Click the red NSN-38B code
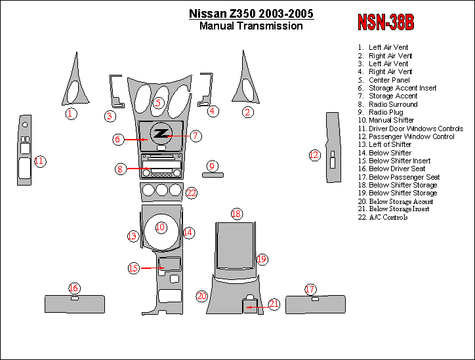click(x=385, y=22)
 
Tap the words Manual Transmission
click(x=251, y=26)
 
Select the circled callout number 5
click(x=158, y=102)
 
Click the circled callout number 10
click(x=160, y=228)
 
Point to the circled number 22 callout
click(x=191, y=193)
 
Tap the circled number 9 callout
click(x=211, y=166)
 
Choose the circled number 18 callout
click(x=237, y=214)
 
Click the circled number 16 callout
click(x=74, y=288)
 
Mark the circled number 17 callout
click(x=310, y=289)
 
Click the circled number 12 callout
click(x=314, y=155)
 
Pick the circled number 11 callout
click(x=40, y=161)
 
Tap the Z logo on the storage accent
click(x=160, y=134)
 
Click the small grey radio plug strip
click(x=211, y=175)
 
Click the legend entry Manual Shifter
click(x=391, y=121)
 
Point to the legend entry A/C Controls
click(x=388, y=217)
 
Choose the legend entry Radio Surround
click(x=392, y=104)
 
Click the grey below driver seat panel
click(x=74, y=305)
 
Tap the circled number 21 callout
click(x=274, y=304)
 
